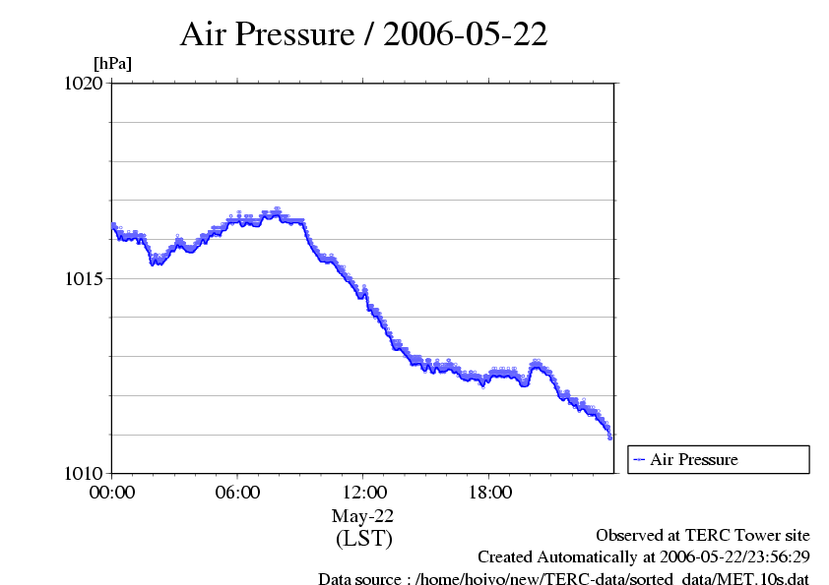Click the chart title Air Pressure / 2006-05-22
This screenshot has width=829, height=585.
[x=363, y=34]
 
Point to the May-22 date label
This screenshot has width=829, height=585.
[x=363, y=515]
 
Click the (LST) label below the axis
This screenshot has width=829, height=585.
[x=363, y=539]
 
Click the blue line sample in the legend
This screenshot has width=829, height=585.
[x=639, y=459]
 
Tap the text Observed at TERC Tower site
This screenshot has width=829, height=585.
[x=703, y=536]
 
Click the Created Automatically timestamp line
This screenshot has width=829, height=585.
[x=643, y=557]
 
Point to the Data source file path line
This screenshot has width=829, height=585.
[x=563, y=579]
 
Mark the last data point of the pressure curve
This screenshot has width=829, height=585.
[x=610, y=437]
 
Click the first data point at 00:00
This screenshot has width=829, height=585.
[x=113, y=225]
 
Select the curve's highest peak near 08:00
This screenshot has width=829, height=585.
[x=278, y=209]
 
